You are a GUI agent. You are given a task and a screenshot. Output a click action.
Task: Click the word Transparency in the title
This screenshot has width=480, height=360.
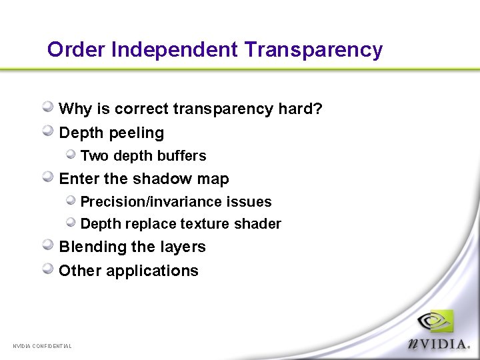click(x=313, y=50)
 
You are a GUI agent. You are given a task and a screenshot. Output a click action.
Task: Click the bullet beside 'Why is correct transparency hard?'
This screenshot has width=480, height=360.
click(x=49, y=107)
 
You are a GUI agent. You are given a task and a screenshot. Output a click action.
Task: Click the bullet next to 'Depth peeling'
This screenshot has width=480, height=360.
click(x=49, y=131)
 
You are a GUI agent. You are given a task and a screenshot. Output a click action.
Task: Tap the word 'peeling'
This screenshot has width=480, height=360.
click(x=139, y=133)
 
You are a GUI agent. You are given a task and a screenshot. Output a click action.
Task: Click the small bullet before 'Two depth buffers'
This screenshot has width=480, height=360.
click(x=71, y=155)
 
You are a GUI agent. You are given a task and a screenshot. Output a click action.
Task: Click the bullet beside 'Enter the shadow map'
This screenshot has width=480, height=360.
click(x=49, y=177)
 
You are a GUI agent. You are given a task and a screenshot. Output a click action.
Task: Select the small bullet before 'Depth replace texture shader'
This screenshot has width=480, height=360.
click(x=71, y=223)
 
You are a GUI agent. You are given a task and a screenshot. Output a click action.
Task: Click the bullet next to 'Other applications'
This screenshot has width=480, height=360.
click(x=49, y=269)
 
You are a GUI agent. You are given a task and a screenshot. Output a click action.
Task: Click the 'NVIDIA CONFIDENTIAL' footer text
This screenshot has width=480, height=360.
click(x=42, y=346)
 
